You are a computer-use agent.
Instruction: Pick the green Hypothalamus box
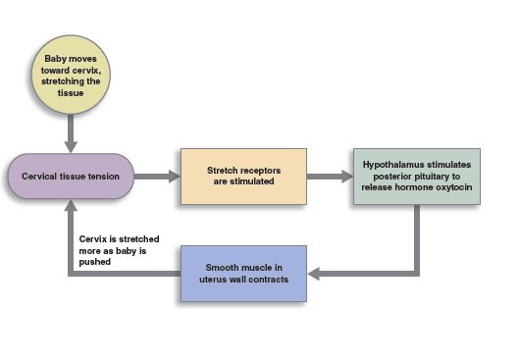point(417,177)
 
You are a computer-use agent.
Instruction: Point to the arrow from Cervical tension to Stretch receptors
point(156,178)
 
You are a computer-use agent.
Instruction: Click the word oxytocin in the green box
point(451,181)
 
